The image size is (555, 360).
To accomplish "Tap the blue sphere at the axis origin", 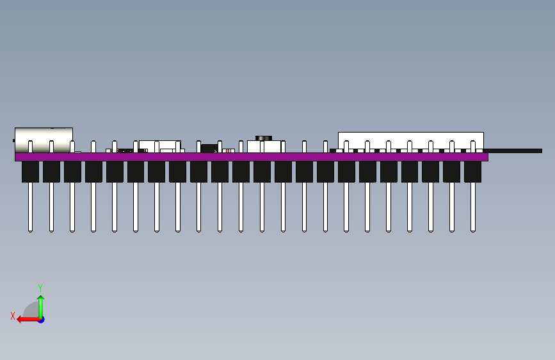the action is (x=41, y=319).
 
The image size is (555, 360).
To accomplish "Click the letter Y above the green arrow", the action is (x=40, y=288).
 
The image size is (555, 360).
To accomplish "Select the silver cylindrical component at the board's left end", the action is (x=44, y=140).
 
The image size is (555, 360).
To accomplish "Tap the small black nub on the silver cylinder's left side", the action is (x=13, y=140).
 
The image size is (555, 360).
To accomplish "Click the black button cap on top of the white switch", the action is (x=264, y=138).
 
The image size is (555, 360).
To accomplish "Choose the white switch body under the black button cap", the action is (x=264, y=147).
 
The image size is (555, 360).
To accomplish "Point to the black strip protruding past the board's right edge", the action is (x=515, y=151).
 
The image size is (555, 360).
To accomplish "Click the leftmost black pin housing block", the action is (x=30, y=172).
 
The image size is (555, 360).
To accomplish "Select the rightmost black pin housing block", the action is (x=472, y=172).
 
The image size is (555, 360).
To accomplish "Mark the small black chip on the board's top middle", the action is (x=208, y=149).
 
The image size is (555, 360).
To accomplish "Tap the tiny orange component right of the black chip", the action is (x=225, y=151).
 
